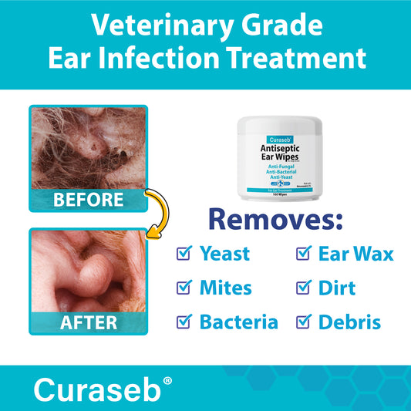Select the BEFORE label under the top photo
pos(87,200)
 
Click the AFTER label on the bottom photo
pos(87,322)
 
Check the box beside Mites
pos(184,287)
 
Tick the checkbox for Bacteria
pos(184,321)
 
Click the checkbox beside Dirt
pos(303,287)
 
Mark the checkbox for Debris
pos(303,321)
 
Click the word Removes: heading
pos(275,219)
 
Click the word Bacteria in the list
pos(239,322)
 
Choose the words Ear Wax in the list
pos(355,253)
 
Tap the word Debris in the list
pos(349,322)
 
